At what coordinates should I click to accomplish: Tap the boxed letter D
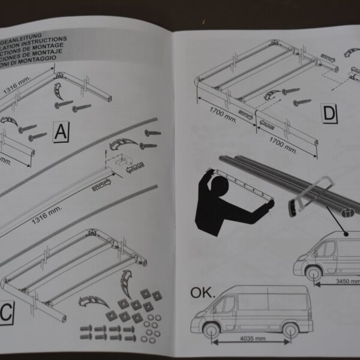pyautogui.click(x=330, y=113)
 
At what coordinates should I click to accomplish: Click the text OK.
pyautogui.click(x=203, y=292)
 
